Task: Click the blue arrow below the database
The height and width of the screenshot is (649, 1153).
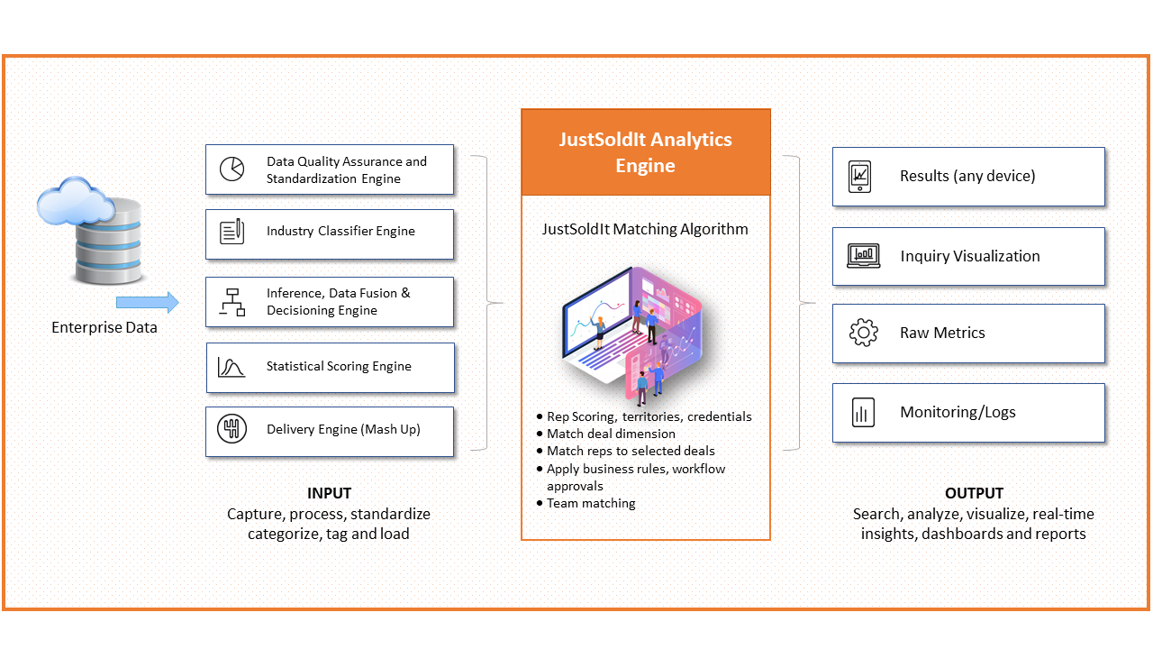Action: click(148, 302)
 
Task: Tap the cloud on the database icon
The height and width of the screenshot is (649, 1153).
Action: click(75, 201)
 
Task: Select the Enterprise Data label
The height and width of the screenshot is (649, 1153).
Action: click(104, 327)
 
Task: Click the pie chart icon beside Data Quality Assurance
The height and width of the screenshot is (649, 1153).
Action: click(232, 169)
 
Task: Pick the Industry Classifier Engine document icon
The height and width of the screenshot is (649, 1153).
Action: click(232, 232)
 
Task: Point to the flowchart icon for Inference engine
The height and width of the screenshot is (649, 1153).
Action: click(232, 302)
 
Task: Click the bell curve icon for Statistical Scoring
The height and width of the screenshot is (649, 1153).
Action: click(232, 367)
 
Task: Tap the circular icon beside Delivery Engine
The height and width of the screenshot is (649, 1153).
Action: click(232, 428)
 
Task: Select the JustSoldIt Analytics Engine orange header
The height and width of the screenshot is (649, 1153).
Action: click(646, 152)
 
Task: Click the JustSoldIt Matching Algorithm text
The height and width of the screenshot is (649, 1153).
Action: click(645, 229)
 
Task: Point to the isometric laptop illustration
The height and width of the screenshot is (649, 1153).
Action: click(632, 334)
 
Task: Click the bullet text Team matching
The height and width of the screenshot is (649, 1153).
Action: click(591, 503)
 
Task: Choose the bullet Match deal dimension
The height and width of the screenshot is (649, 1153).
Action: click(611, 434)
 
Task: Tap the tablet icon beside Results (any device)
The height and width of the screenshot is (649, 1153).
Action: click(859, 176)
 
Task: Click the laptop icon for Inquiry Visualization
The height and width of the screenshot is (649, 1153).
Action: click(864, 256)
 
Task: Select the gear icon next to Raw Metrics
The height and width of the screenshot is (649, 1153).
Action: click(864, 333)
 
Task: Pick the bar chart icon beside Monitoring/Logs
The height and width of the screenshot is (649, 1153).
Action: click(863, 412)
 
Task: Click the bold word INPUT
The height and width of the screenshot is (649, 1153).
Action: click(329, 493)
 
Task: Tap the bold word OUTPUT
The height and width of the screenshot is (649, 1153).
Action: click(974, 493)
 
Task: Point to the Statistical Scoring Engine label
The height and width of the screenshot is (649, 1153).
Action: click(339, 366)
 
